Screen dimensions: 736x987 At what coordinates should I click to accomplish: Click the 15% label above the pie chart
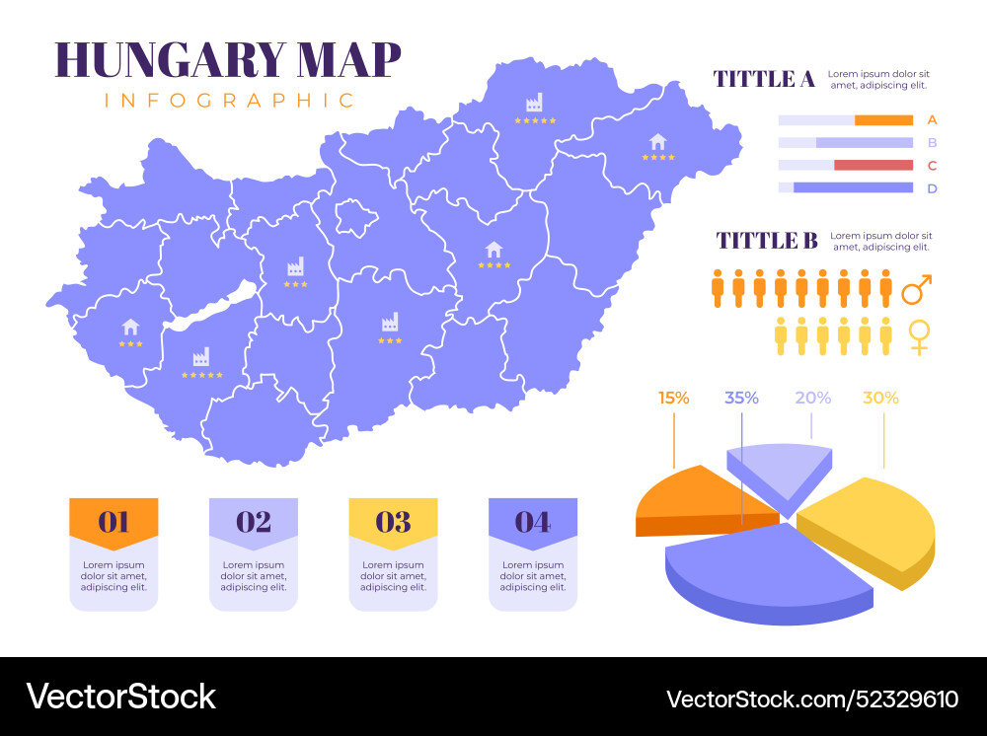click(674, 399)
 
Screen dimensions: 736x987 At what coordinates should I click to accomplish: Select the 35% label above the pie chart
click(741, 399)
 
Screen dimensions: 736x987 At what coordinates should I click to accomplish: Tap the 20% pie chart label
click(812, 399)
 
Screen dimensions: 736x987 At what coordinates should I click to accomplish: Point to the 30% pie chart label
click(880, 399)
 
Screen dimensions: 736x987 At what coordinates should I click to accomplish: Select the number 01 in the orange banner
click(114, 522)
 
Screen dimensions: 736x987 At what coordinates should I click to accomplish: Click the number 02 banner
click(254, 522)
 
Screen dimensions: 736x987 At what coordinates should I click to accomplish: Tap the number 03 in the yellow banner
click(393, 522)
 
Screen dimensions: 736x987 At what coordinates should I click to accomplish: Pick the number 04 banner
click(533, 522)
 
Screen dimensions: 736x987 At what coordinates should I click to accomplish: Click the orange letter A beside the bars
click(932, 120)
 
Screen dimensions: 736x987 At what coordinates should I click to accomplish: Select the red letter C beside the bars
click(932, 166)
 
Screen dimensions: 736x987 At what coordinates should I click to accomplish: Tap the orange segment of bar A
click(883, 120)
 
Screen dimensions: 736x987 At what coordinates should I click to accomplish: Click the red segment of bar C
click(873, 166)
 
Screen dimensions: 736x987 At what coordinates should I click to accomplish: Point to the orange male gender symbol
click(917, 290)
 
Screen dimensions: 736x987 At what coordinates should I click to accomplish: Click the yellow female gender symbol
click(919, 336)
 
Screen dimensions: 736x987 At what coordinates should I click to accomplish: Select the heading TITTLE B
click(767, 241)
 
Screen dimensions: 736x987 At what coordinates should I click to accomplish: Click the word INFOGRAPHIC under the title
click(229, 101)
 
